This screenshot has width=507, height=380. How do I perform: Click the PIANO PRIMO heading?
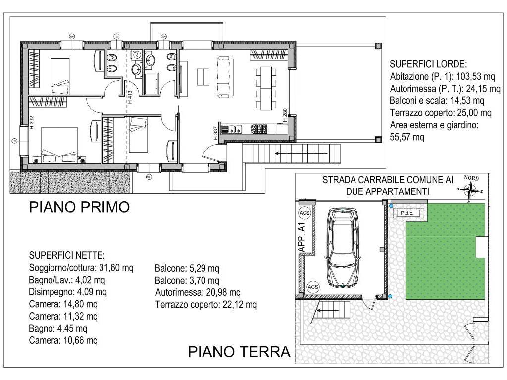pyautogui.click(x=79, y=207)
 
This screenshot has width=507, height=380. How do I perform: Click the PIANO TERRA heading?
pyautogui.click(x=239, y=352)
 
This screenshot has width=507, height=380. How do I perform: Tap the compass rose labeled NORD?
pyautogui.click(x=470, y=189)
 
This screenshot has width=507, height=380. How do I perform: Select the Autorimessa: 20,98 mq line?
pyautogui.click(x=198, y=293)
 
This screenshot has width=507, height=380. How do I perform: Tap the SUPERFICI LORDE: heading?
pyautogui.click(x=428, y=64)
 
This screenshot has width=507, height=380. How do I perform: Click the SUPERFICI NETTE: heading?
pyautogui.click(x=67, y=256)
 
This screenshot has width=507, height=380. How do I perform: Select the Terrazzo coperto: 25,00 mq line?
pyautogui.click(x=441, y=113)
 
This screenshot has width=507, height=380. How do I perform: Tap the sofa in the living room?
pyautogui.click(x=224, y=77)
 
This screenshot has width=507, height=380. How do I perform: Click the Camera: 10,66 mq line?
pyautogui.click(x=63, y=340)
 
